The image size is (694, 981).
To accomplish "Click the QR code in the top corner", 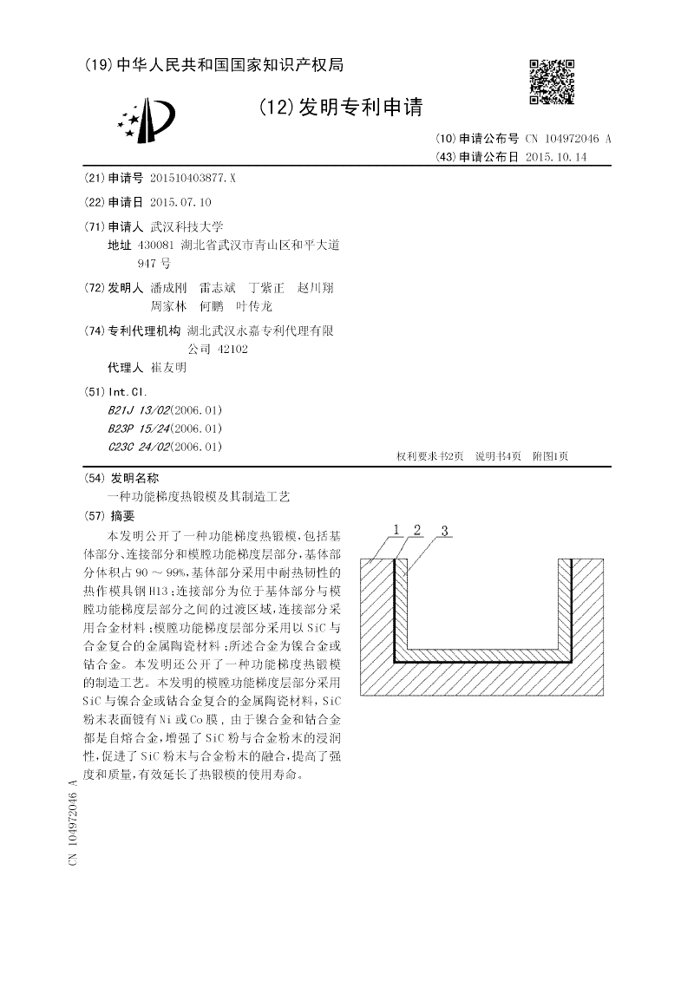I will (551, 82).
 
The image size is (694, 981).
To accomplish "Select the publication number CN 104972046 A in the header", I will (568, 139).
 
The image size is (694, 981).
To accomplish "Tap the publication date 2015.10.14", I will (557, 157).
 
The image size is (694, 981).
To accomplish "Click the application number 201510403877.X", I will (193, 178).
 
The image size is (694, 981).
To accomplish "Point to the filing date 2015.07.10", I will (180, 202).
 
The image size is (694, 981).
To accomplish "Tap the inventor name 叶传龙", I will (255, 306).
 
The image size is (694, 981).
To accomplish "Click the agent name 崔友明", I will (168, 367).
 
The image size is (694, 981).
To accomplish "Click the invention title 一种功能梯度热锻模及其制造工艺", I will (199, 497).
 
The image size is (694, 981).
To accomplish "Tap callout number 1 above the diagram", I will (396, 529).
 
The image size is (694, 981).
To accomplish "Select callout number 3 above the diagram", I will (443, 530).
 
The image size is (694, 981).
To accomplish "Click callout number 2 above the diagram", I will (417, 529).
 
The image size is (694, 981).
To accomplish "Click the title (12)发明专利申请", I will (340, 108).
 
